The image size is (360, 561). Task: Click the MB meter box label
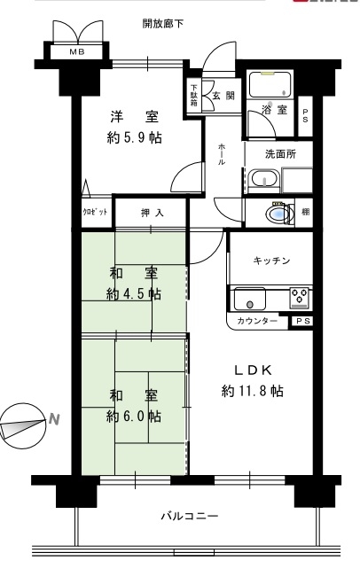77,52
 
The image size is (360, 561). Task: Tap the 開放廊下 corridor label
163,24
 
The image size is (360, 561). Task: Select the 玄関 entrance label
223,96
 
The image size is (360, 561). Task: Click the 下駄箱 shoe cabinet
193,95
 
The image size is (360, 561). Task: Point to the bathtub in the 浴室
270,84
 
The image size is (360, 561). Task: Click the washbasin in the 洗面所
263,178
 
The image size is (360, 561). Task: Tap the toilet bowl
280,214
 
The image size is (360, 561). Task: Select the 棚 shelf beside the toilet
305,212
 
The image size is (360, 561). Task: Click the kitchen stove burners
300,297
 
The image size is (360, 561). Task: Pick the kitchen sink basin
250,299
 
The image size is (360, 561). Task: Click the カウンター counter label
257,321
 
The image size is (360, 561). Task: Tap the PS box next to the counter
302,321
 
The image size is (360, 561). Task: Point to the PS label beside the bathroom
305,116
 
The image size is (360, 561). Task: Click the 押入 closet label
153,213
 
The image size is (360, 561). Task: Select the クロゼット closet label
95,212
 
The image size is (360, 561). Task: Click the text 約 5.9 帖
134,137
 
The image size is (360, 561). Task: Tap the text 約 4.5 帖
134,294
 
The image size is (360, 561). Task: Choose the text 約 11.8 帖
253,391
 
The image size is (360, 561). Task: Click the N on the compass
54,418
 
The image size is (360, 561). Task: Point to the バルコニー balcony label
189,517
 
